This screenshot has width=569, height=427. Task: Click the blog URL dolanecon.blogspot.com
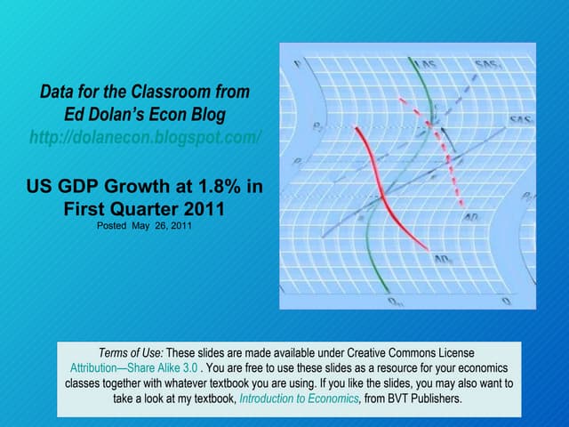coord(146,138)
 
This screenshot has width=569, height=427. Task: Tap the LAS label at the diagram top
coord(428,65)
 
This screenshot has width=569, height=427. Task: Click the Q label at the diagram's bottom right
coord(506,302)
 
